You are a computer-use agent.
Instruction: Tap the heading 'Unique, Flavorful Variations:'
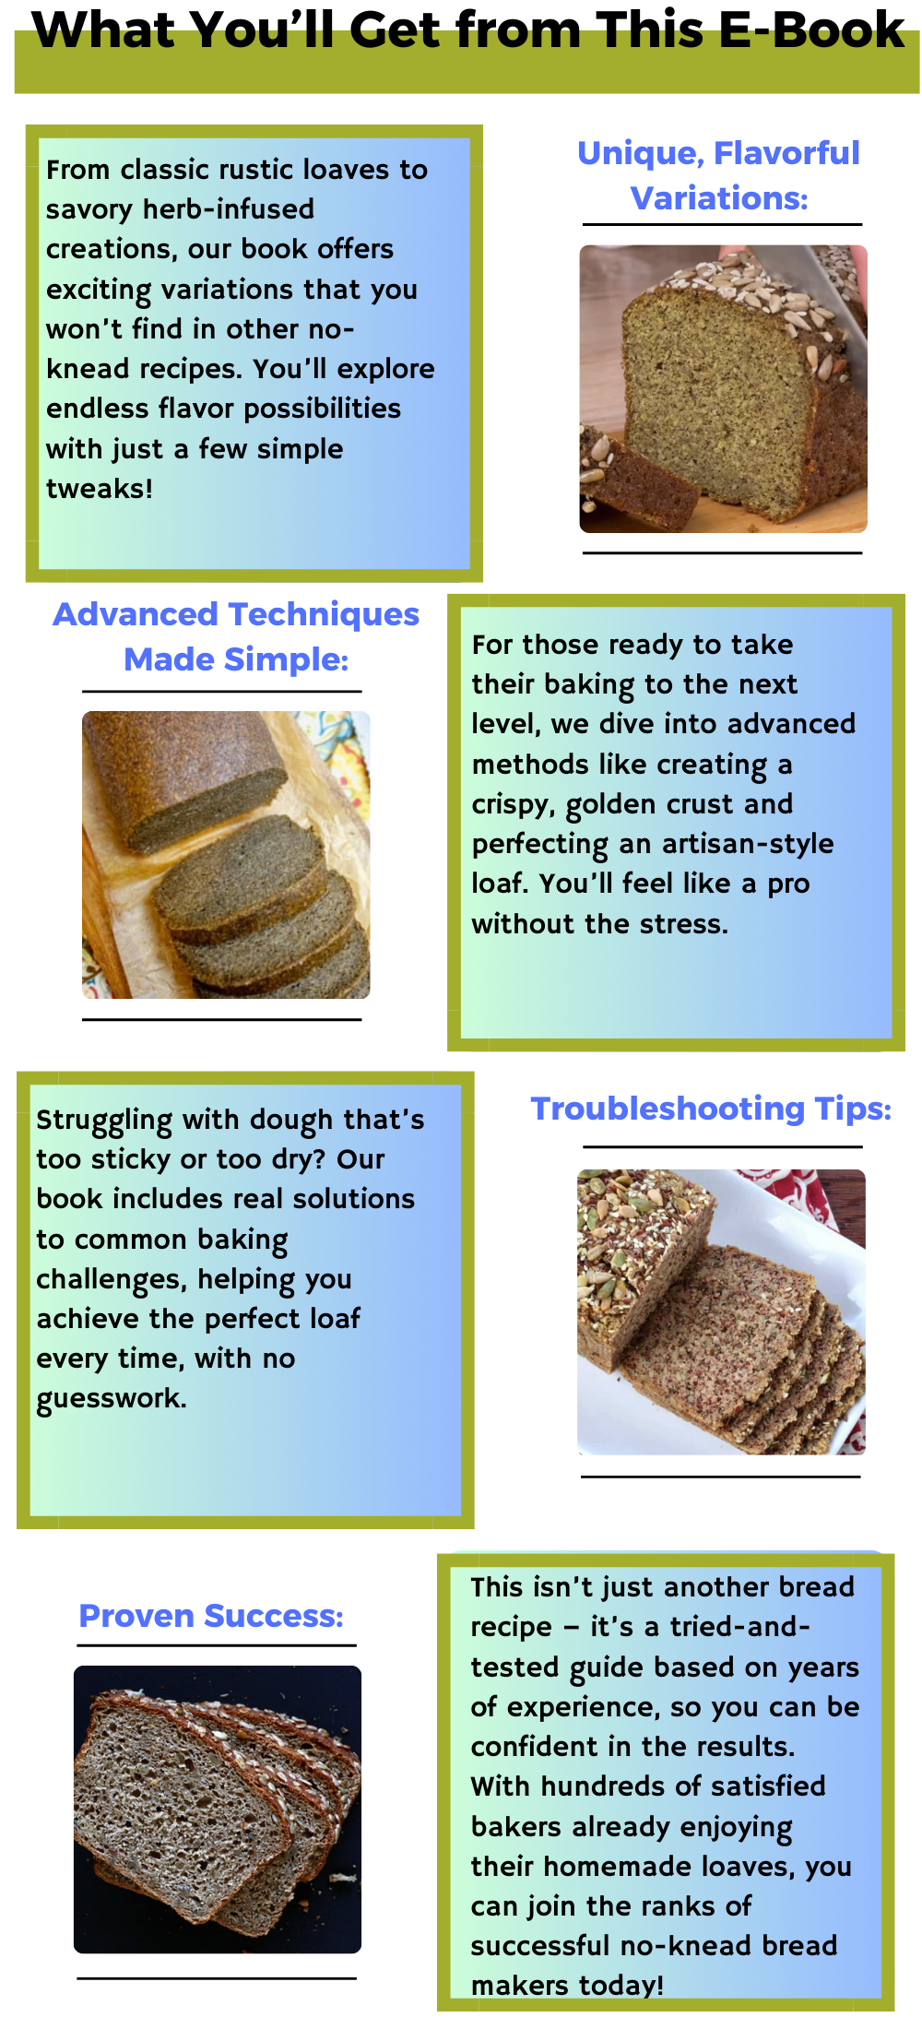click(719, 175)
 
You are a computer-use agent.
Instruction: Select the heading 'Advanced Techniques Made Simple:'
click(236, 636)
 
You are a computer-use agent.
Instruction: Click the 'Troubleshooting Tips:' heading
click(711, 1109)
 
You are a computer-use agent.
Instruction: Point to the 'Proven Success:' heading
click(211, 1616)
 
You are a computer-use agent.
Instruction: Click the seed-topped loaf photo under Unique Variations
click(723, 388)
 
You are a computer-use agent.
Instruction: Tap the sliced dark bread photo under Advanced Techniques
click(226, 855)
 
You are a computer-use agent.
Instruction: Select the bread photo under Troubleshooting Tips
click(721, 1311)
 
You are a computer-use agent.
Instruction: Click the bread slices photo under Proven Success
click(218, 1809)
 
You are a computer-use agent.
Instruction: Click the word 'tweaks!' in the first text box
click(100, 488)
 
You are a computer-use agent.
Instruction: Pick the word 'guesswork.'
click(112, 1399)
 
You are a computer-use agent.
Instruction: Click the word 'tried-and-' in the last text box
click(740, 1626)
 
